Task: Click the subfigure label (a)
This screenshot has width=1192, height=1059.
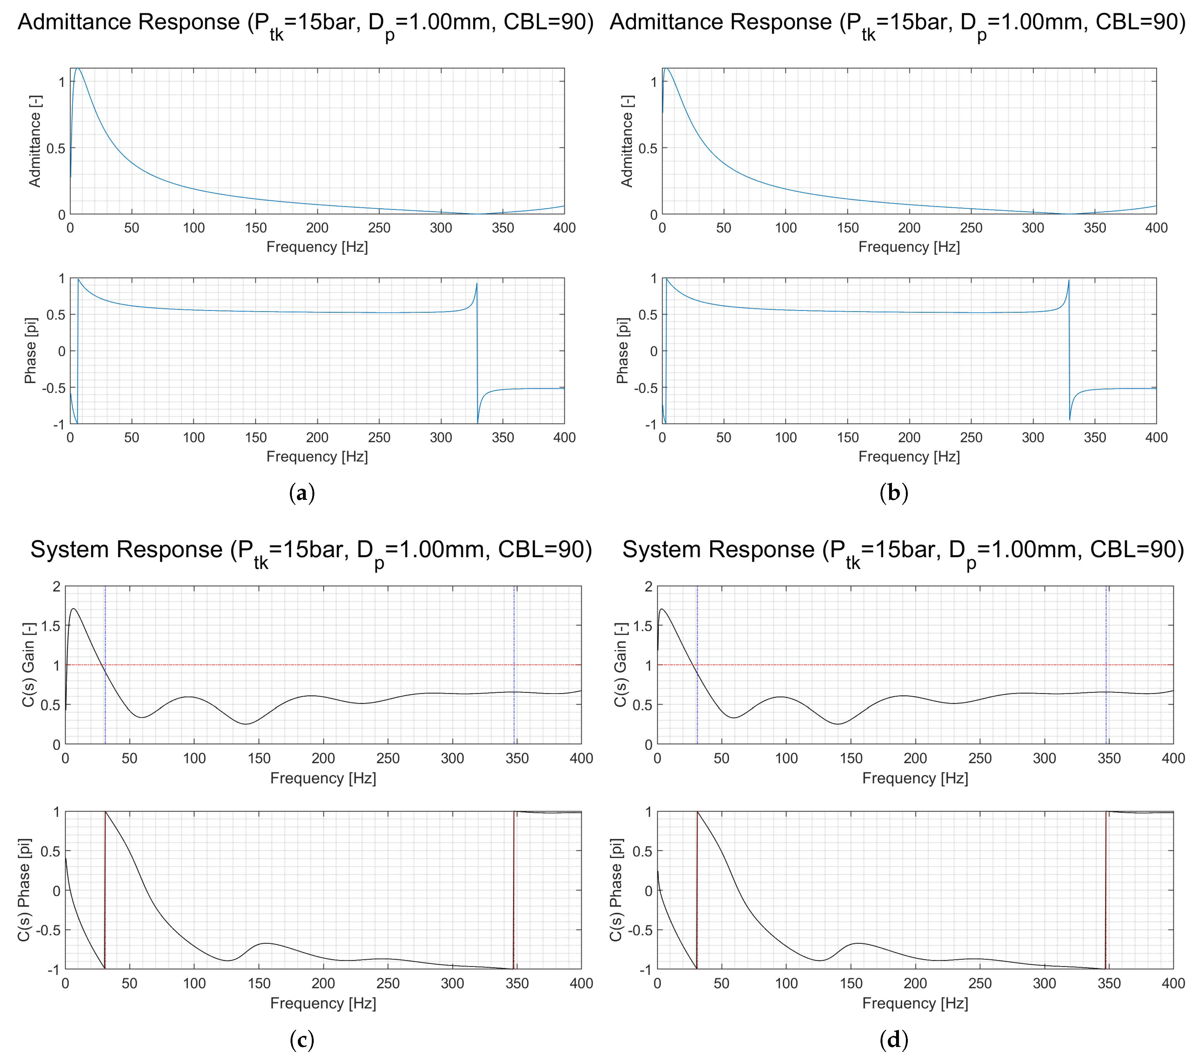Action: point(302,494)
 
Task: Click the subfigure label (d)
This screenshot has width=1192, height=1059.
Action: point(894,1039)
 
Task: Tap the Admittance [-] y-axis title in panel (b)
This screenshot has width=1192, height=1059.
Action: point(627,141)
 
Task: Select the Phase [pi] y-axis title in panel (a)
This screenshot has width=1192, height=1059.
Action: point(30,350)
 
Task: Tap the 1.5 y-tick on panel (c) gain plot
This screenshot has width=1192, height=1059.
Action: point(51,626)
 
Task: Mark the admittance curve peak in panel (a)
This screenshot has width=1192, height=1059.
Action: point(77,69)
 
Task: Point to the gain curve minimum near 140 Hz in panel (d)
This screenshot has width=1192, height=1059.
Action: point(838,724)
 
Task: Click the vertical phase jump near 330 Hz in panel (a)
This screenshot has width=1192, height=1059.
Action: point(477,350)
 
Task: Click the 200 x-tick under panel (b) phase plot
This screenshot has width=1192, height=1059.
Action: point(909,437)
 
